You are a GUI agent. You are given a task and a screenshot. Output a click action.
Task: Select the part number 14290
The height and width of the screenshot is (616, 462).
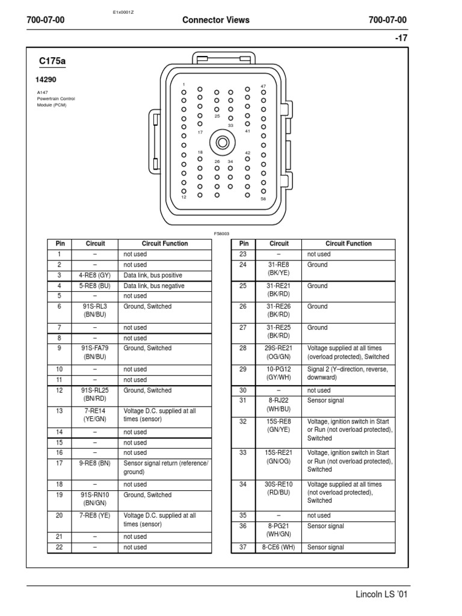tap(46, 79)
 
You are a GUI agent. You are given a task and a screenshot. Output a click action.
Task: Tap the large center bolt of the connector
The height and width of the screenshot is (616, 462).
tap(223, 143)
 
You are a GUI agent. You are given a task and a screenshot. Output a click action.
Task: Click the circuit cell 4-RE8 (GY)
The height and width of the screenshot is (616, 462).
tap(95, 276)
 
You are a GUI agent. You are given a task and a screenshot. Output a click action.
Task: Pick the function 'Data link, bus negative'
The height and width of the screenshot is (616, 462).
tap(154, 286)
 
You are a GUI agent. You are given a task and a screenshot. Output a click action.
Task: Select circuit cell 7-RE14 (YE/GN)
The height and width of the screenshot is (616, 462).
tap(95, 414)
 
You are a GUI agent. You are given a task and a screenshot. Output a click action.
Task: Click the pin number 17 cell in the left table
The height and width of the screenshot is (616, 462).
tap(60, 463)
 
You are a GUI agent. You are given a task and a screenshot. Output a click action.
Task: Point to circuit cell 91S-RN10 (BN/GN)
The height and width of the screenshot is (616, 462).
tap(95, 499)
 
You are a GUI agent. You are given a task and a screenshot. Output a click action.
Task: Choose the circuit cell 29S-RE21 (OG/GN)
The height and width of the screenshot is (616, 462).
tap(279, 353)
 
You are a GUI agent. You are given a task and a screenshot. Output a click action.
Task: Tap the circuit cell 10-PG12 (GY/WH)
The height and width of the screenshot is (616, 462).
tap(279, 373)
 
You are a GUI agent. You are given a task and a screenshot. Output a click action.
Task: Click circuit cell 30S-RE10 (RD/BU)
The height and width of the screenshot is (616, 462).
tap(279, 488)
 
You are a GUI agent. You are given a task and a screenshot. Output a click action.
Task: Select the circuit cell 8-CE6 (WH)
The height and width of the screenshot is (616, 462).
tap(279, 547)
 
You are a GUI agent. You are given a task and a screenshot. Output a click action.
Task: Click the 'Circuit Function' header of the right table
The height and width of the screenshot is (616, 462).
tap(348, 244)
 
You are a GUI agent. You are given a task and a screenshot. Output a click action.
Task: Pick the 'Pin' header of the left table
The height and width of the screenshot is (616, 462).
tap(60, 244)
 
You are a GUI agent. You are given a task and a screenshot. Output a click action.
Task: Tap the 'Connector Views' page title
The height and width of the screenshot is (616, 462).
tap(215, 20)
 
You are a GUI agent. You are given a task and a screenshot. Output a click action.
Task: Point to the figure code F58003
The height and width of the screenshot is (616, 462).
tap(221, 233)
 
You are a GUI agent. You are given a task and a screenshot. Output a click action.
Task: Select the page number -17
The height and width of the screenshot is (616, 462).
tap(401, 38)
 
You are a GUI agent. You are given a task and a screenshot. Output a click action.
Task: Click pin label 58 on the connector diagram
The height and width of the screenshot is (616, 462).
tap(263, 199)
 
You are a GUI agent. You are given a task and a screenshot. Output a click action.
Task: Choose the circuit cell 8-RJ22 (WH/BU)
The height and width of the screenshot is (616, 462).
tap(279, 404)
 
